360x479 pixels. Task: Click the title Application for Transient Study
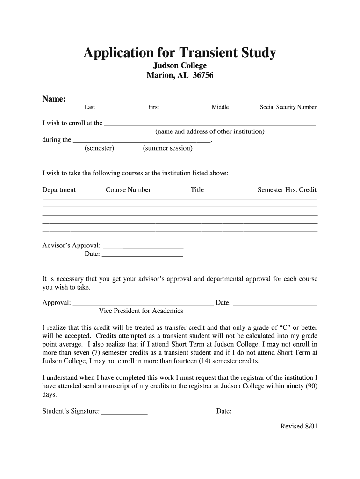(x=180, y=53)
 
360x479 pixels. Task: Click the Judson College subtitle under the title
(x=180, y=65)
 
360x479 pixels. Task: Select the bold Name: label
(x=54, y=99)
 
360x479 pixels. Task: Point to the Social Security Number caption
(x=288, y=107)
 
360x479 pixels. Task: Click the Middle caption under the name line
(x=220, y=107)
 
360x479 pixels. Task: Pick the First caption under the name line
(x=153, y=107)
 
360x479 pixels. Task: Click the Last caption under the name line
(x=90, y=107)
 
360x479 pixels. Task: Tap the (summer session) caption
(x=167, y=148)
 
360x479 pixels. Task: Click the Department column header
(x=59, y=190)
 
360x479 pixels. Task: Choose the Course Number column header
(x=128, y=190)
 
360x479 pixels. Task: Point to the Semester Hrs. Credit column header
(x=287, y=190)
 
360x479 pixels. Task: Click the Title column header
(x=197, y=190)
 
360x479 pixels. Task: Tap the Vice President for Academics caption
(x=141, y=311)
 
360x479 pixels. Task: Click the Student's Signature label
(x=71, y=411)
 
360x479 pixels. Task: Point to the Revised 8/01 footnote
(x=299, y=426)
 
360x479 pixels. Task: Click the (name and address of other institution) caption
(x=210, y=131)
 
